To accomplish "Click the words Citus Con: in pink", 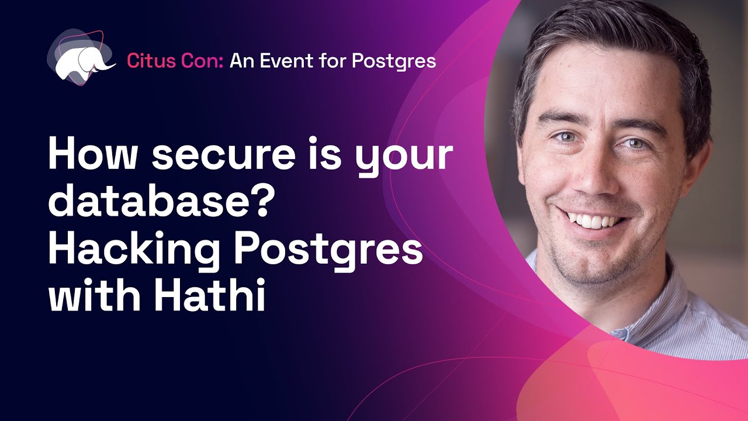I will click(175, 60).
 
